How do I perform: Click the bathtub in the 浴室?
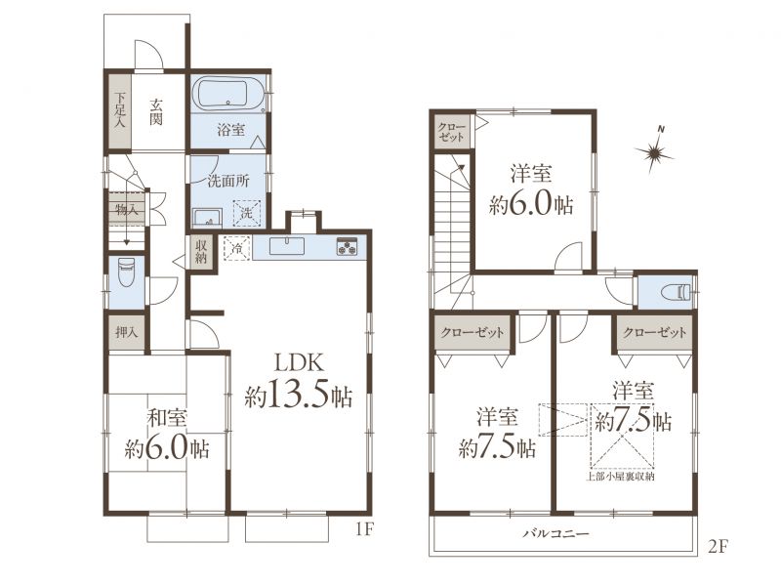(x=223, y=93)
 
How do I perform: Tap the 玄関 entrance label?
(x=156, y=112)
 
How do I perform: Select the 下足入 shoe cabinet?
(x=119, y=110)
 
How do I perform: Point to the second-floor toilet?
(x=675, y=291)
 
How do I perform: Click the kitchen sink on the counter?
(x=287, y=246)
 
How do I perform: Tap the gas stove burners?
(x=347, y=246)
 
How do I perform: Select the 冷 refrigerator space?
(x=237, y=248)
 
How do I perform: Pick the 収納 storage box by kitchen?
(x=201, y=252)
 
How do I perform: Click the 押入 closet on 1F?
(x=127, y=332)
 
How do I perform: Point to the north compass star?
(x=654, y=152)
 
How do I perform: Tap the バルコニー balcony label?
(x=555, y=534)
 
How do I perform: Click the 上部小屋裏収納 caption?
(x=620, y=477)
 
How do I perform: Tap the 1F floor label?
(x=364, y=529)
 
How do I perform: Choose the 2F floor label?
(x=718, y=547)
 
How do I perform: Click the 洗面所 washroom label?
(x=228, y=181)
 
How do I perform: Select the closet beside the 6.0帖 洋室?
(x=451, y=132)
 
